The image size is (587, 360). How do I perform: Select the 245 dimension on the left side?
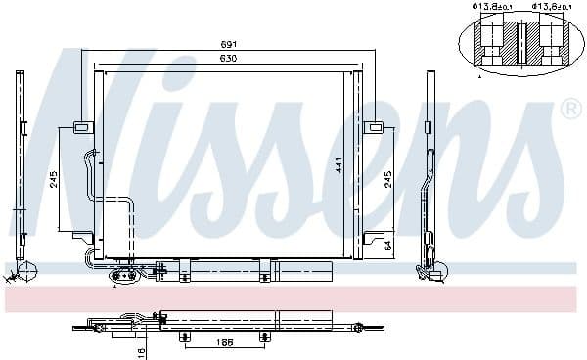54,179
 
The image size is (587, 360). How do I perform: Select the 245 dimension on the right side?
388,180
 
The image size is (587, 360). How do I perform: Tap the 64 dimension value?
388,245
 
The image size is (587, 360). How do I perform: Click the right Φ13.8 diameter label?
547,9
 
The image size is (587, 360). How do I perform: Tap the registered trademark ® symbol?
568,109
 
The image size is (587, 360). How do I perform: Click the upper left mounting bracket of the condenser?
81,126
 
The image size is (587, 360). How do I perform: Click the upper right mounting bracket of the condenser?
374,126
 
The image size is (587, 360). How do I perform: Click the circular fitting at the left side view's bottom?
26,269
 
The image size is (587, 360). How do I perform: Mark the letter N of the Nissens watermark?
88,137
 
